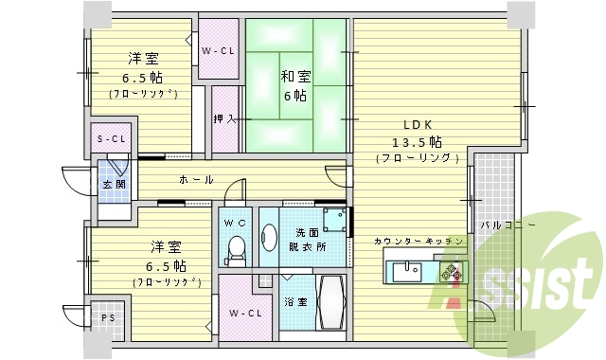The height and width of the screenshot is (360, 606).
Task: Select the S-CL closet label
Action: coord(112,139)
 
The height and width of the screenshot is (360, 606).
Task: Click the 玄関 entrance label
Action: coord(115,185)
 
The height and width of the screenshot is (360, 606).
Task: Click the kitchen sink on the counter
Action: coord(407,272)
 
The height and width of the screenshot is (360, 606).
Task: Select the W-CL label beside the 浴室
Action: coord(244,313)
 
